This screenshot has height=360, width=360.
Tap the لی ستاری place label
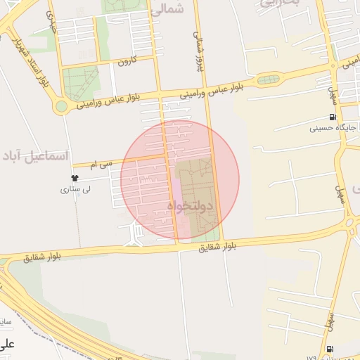pos(75,189)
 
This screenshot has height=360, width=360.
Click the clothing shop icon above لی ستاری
pos(75,178)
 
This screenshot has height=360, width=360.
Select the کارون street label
pos(124,60)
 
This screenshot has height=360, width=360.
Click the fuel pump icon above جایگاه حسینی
pos(333,117)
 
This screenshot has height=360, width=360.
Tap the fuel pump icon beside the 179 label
pos(331,349)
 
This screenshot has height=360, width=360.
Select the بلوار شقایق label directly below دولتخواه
pos(217,246)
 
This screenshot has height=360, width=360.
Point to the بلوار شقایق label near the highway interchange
pos(42,257)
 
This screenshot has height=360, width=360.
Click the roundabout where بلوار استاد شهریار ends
pos(61,107)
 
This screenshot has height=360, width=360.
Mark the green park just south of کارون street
pos(82,82)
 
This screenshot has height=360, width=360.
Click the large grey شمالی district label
pos(167,9)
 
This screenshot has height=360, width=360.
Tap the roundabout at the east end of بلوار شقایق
pos(349,223)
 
